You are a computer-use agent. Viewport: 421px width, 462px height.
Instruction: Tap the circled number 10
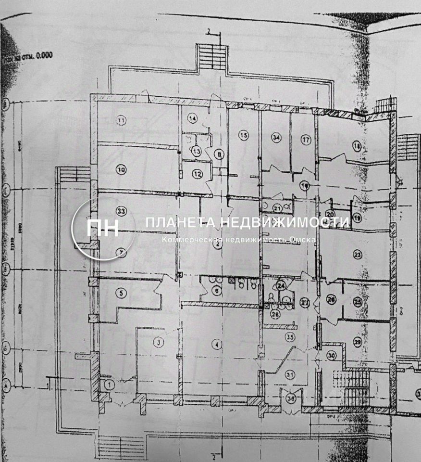point(121,169)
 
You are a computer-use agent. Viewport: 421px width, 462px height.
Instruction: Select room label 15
point(244,136)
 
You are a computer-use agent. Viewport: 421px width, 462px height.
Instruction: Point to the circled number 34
point(275,138)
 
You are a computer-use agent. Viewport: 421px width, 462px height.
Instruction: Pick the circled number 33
point(121,211)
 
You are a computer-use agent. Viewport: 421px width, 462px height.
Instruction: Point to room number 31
point(290,375)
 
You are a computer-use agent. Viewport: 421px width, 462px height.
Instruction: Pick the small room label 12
point(198,173)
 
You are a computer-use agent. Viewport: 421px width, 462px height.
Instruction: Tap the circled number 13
point(196,151)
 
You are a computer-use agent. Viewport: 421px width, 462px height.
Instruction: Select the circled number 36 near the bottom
point(291,398)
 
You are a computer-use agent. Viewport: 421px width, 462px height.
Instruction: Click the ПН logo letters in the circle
point(102,228)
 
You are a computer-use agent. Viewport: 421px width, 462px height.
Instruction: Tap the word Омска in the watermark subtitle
point(302,240)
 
